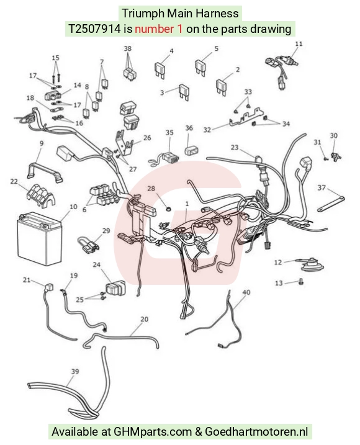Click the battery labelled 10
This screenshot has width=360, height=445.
(x=40, y=238)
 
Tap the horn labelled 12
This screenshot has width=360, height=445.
(x=311, y=264)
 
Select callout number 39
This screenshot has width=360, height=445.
(x=75, y=371)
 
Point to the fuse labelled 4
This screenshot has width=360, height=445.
(x=161, y=70)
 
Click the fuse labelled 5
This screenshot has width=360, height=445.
(x=201, y=67)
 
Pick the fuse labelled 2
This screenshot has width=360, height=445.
(x=222, y=87)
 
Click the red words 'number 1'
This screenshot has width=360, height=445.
(x=159, y=29)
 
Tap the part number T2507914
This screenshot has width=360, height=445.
(x=94, y=29)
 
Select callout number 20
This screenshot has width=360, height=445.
(x=144, y=319)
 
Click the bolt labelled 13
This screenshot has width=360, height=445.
(x=301, y=282)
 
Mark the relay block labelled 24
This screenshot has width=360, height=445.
(x=115, y=288)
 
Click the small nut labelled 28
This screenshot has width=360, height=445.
(x=168, y=209)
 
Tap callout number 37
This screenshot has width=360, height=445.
(x=322, y=187)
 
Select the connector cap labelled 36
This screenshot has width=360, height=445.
(x=192, y=150)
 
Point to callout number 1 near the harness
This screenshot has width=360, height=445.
(x=187, y=204)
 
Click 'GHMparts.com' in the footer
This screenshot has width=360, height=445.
(x=153, y=432)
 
